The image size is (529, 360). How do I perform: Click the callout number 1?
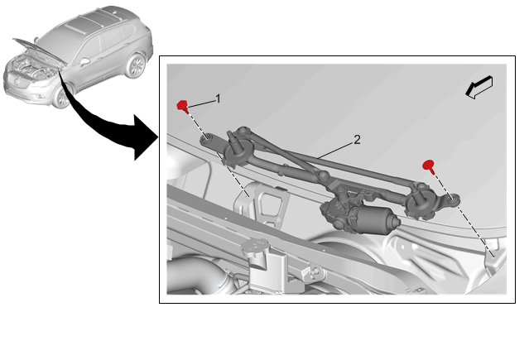218,98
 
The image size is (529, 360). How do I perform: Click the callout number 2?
357,139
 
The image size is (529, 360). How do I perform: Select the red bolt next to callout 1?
182,106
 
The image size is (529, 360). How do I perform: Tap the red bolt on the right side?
429,166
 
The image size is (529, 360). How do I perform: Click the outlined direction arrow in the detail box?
479,88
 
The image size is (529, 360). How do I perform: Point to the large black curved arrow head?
145,137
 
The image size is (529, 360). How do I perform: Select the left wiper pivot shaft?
233,139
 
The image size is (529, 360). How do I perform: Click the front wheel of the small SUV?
62,96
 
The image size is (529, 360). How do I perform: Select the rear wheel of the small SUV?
136,65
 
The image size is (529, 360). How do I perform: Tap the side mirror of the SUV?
84,62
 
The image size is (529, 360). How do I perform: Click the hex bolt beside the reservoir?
316,271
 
